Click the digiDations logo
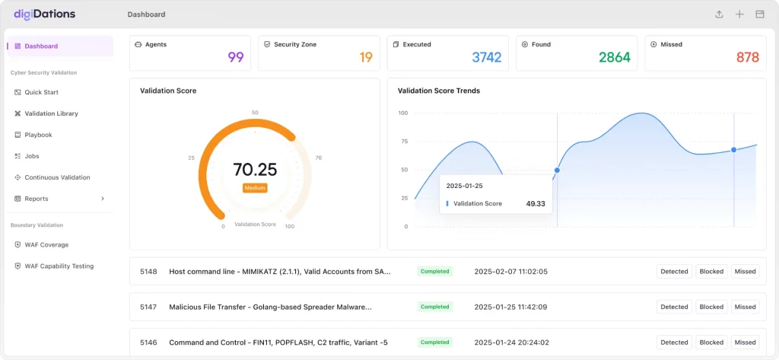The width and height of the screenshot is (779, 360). (45, 14)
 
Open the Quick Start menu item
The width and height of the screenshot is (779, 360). (41, 92)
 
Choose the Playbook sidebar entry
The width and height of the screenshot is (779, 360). (38, 135)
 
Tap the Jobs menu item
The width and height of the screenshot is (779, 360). (32, 156)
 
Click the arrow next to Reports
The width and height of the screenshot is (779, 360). (103, 199)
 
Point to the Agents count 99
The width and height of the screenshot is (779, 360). (236, 58)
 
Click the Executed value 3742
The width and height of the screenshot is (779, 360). (487, 58)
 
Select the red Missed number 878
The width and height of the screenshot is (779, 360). (748, 58)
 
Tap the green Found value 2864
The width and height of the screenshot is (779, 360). (615, 58)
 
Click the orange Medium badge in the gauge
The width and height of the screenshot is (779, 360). (256, 188)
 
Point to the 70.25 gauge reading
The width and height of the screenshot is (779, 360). (255, 170)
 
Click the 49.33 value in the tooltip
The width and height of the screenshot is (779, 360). (536, 203)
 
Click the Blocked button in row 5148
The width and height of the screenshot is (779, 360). (711, 272)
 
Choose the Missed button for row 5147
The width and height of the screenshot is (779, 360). (746, 307)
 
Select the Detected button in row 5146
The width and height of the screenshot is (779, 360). (674, 342)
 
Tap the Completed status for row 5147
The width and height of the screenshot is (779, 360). (434, 307)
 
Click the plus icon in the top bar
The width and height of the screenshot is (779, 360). (739, 14)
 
